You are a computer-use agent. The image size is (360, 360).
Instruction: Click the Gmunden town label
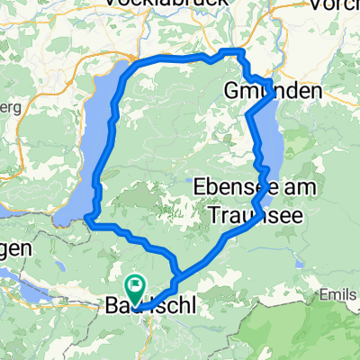(x=273, y=92)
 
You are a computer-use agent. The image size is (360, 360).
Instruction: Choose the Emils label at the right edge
(x=341, y=294)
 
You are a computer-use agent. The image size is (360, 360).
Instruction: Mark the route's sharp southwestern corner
(x=89, y=215)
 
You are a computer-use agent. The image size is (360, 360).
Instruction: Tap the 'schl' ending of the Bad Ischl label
(x=171, y=308)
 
